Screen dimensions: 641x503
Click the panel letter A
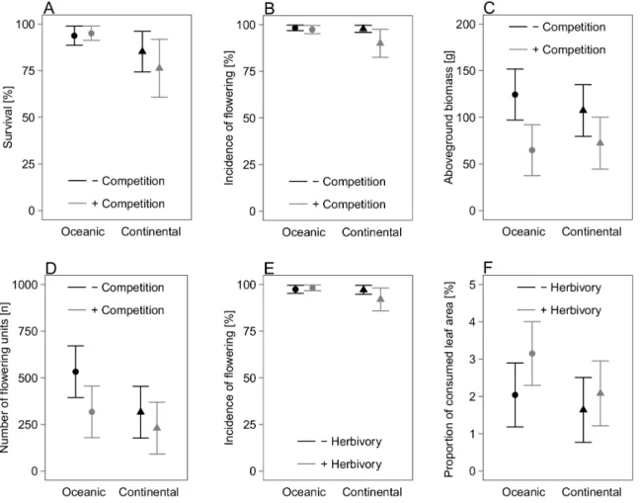(48, 8)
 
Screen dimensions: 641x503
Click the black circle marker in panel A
(74, 36)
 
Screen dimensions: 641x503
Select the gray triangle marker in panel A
(159, 67)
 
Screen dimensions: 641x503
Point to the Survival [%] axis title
(8, 117)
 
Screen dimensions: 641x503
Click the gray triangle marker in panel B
(380, 42)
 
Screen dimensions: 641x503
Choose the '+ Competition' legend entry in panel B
(349, 204)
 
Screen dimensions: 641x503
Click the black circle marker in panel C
(516, 95)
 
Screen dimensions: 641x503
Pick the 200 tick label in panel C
(466, 25)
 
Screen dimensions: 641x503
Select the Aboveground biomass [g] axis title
(448, 118)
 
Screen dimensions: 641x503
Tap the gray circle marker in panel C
(532, 150)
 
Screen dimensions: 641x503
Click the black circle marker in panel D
(76, 372)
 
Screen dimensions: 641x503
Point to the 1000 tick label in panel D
(26, 285)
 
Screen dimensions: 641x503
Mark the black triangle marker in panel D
(140, 411)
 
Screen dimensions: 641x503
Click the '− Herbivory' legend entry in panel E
(352, 442)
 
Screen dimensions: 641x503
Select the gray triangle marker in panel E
(380, 298)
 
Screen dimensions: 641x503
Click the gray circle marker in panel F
(532, 354)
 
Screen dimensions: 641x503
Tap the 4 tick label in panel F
(472, 322)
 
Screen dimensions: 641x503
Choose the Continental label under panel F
(592, 491)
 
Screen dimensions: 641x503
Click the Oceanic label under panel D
(84, 491)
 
